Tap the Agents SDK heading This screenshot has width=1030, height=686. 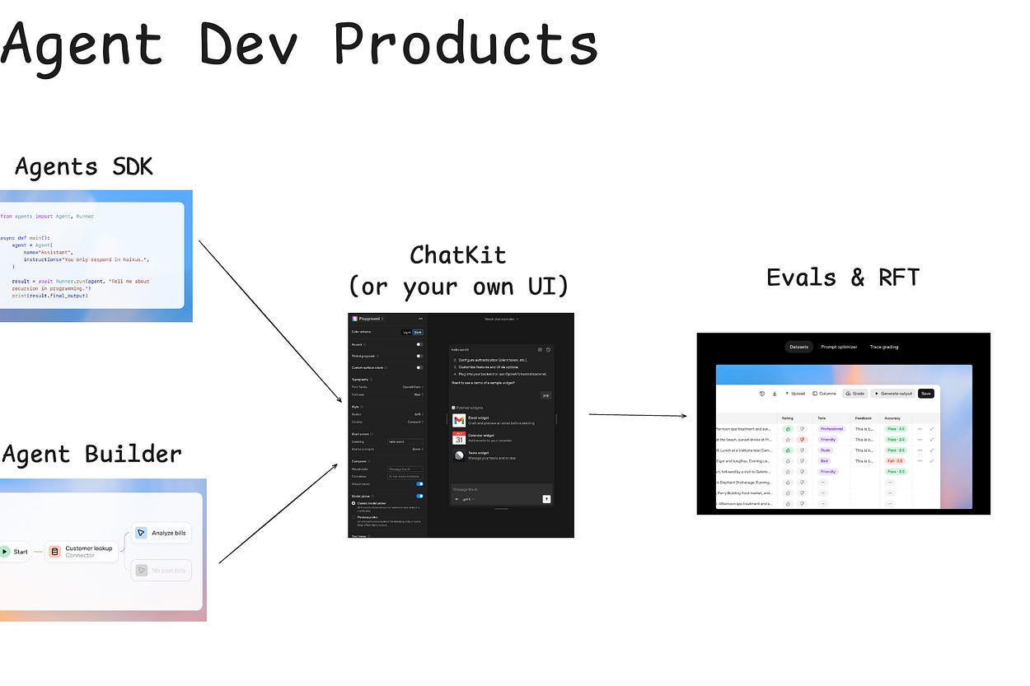84,167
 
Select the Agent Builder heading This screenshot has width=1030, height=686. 91,454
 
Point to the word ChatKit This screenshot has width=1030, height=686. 458,255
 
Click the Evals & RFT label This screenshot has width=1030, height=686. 842,278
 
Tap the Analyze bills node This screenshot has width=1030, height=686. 162,533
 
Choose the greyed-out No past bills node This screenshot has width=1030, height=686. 162,570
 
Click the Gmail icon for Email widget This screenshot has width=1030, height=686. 459,421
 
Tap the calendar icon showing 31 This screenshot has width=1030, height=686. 459,438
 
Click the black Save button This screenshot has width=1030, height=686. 926,394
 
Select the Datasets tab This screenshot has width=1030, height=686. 798,347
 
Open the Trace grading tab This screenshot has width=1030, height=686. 884,347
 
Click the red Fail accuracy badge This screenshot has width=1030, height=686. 895,461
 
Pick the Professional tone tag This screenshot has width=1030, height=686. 831,429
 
